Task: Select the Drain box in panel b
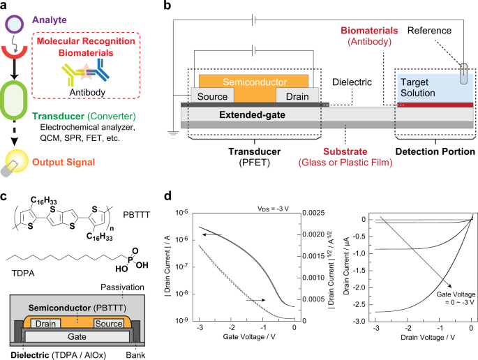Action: point(297,96)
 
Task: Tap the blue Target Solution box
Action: point(434,87)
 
